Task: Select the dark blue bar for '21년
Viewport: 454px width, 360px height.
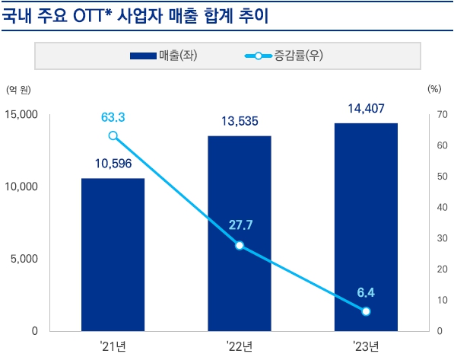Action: point(113,255)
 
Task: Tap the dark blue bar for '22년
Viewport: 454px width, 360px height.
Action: point(240,233)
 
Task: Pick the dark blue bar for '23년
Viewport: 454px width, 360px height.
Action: point(366,227)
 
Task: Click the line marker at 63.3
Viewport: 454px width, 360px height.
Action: point(113,135)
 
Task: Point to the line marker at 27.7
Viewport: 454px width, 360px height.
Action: point(240,246)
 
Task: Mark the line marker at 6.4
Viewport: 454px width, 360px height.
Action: point(366,311)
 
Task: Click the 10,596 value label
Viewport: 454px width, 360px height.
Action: point(113,163)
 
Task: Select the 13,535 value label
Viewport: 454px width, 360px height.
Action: point(240,120)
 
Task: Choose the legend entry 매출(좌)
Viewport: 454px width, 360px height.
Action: point(164,56)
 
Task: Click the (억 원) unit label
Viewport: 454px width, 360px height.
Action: point(18,91)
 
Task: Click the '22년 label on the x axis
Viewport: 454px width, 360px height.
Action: point(240,346)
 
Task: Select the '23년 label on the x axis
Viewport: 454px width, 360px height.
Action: point(366,346)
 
